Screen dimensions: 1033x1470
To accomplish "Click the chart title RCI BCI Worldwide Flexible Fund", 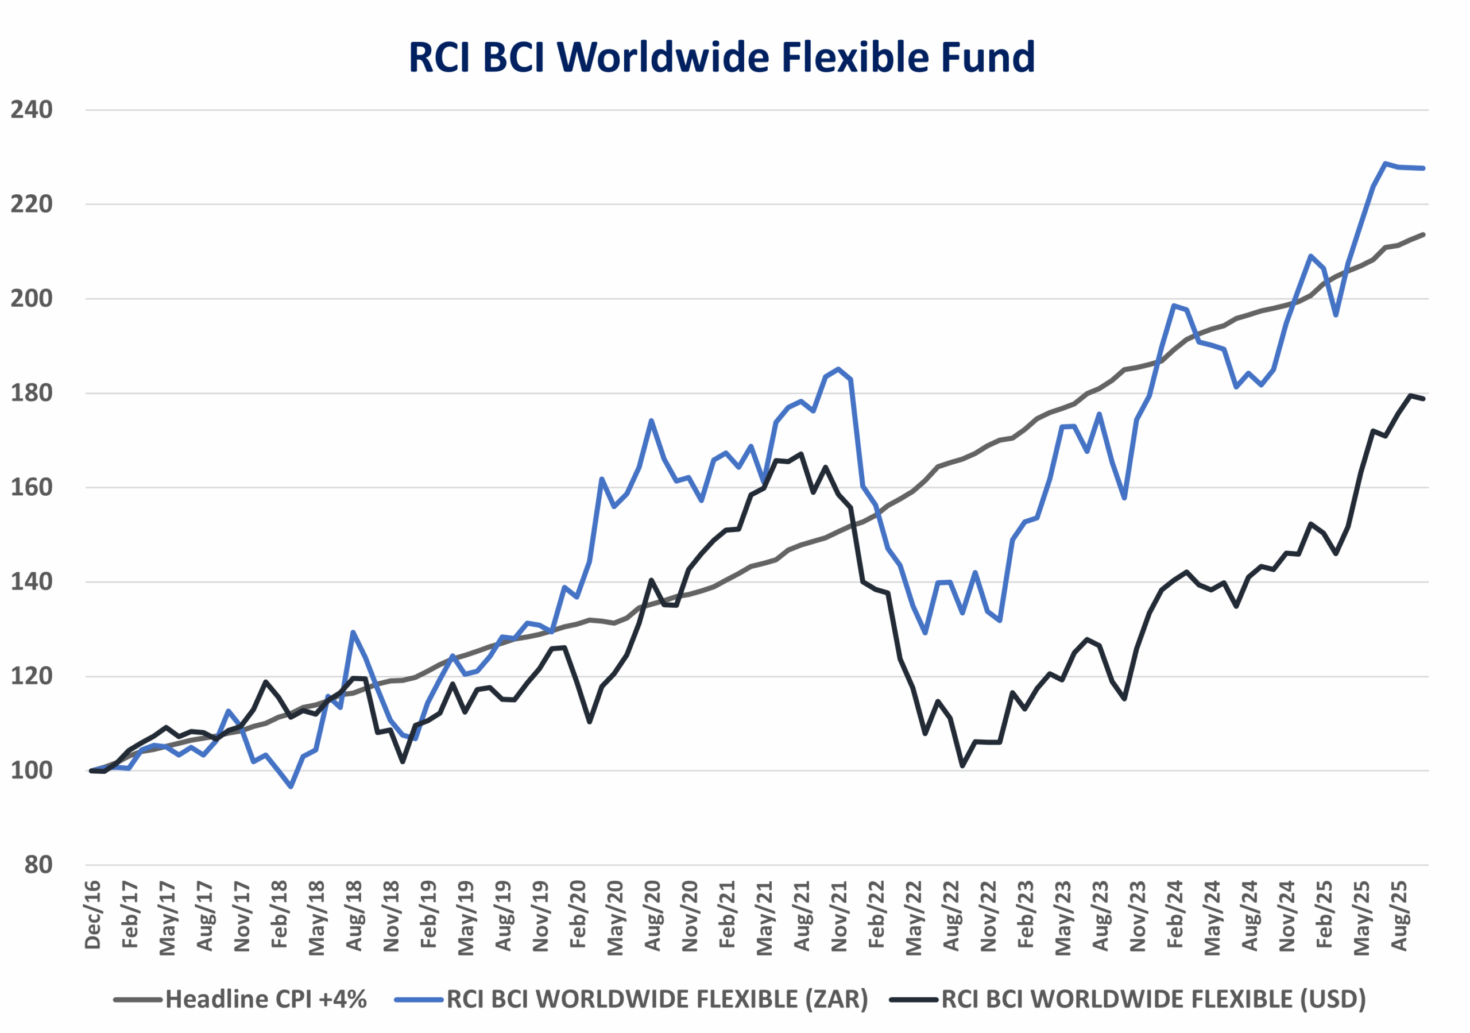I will point(722,57).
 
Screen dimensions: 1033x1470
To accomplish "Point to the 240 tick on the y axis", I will point(32,110).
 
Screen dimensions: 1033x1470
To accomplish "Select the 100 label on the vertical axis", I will point(32,770).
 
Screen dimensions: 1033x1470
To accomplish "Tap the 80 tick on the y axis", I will point(38,865).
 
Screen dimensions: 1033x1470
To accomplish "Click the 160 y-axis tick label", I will point(32,487).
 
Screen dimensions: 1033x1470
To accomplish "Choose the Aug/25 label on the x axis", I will point(1399,916).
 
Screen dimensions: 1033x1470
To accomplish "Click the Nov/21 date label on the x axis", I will point(840,916).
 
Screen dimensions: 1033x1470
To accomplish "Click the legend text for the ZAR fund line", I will point(657,999).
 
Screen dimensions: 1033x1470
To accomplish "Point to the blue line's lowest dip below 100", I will point(291,787).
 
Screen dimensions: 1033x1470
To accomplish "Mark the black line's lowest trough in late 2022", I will point(962,766).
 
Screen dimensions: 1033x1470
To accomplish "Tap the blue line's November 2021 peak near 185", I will point(839,369).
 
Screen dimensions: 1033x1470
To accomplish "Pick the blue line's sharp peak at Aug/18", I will point(353,632).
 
